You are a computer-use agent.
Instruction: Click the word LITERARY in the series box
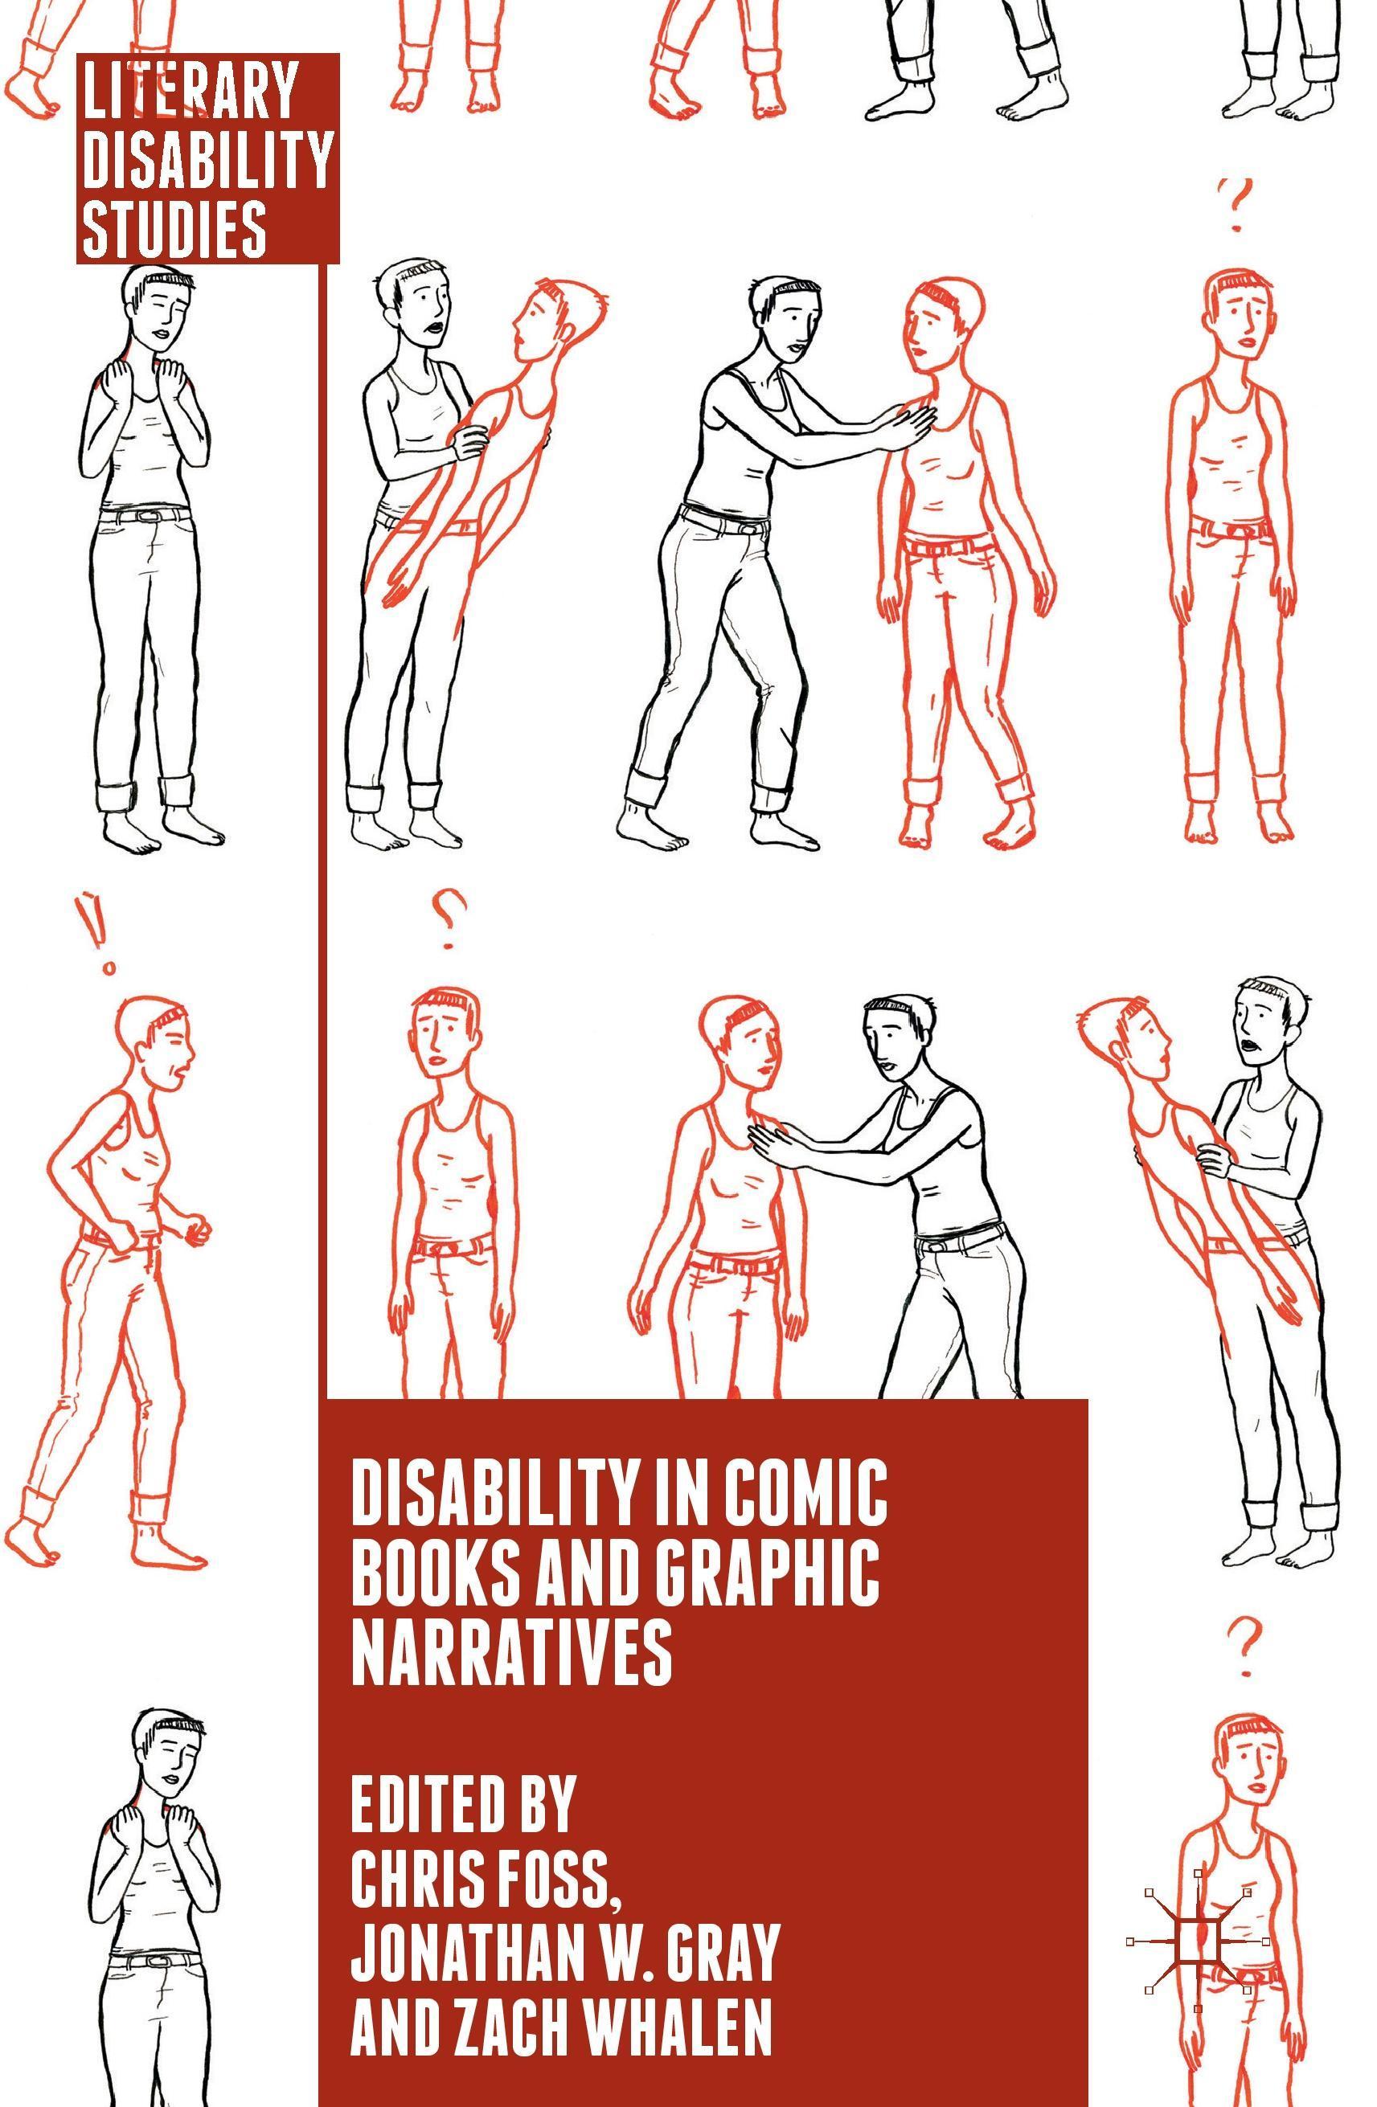point(190,89)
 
